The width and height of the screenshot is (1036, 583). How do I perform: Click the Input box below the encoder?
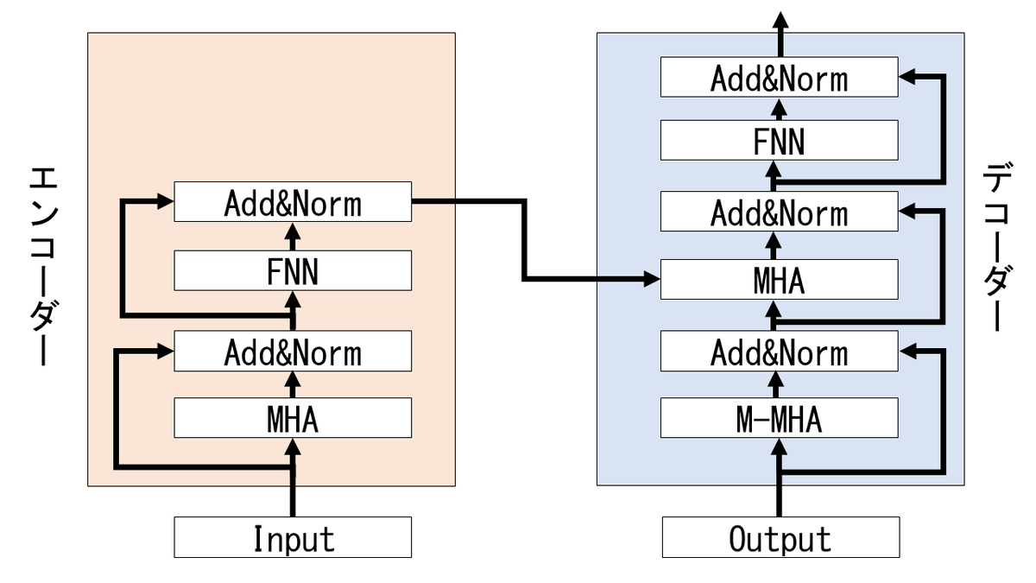293,537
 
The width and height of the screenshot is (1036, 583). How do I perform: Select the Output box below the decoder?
780,537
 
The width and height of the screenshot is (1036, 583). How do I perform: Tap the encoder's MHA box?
293,417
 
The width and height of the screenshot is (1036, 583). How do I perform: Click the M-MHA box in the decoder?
780,417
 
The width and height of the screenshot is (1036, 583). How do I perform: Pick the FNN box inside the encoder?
293,270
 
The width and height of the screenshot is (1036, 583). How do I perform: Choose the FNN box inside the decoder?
780,140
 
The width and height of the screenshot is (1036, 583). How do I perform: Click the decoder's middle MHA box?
780,280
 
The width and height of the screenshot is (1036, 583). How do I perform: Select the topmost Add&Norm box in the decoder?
780,77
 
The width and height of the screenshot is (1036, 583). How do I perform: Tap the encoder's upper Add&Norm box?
293,202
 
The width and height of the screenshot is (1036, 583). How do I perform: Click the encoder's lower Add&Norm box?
293,351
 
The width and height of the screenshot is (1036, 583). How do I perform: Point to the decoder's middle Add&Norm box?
780,211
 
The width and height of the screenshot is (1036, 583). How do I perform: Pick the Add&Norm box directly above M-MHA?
780,351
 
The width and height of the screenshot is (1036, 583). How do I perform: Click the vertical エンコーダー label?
44,266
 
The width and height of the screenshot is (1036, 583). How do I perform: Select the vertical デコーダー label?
998,246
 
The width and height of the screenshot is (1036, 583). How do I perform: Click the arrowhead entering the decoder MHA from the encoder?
652,279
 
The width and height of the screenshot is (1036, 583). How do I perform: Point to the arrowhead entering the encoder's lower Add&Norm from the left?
166,352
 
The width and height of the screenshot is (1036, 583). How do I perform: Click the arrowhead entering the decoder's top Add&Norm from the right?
907,77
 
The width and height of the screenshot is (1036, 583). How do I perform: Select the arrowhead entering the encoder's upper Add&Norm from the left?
166,201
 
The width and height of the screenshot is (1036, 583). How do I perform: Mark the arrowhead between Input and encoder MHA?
293,447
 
